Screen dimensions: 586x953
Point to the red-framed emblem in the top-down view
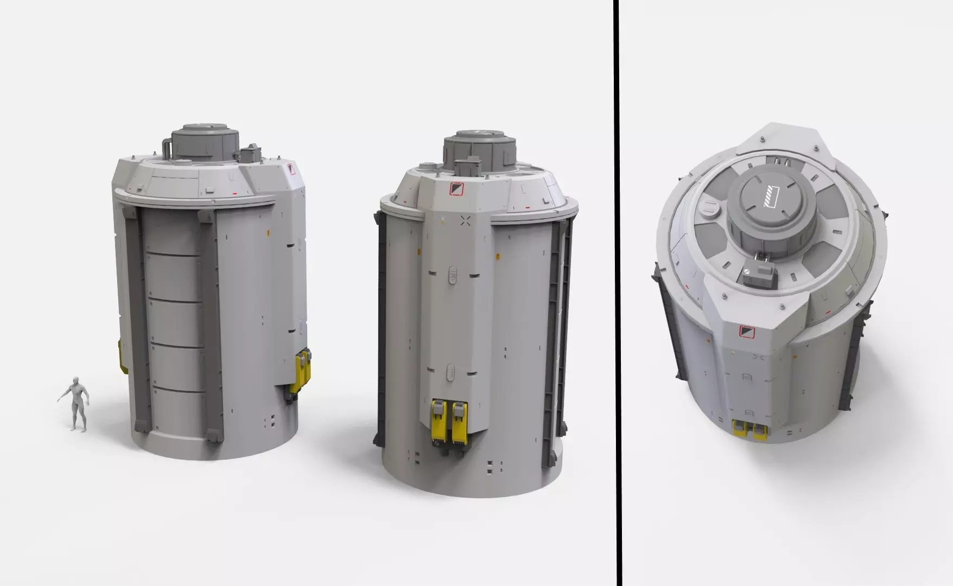pyautogui.click(x=747, y=331)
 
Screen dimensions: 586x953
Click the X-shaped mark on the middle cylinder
pyautogui.click(x=466, y=220)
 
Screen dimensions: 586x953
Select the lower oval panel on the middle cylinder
pyautogui.click(x=450, y=373)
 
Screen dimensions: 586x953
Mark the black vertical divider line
pyautogui.click(x=617, y=293)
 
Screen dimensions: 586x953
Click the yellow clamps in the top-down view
pyautogui.click(x=749, y=430)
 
